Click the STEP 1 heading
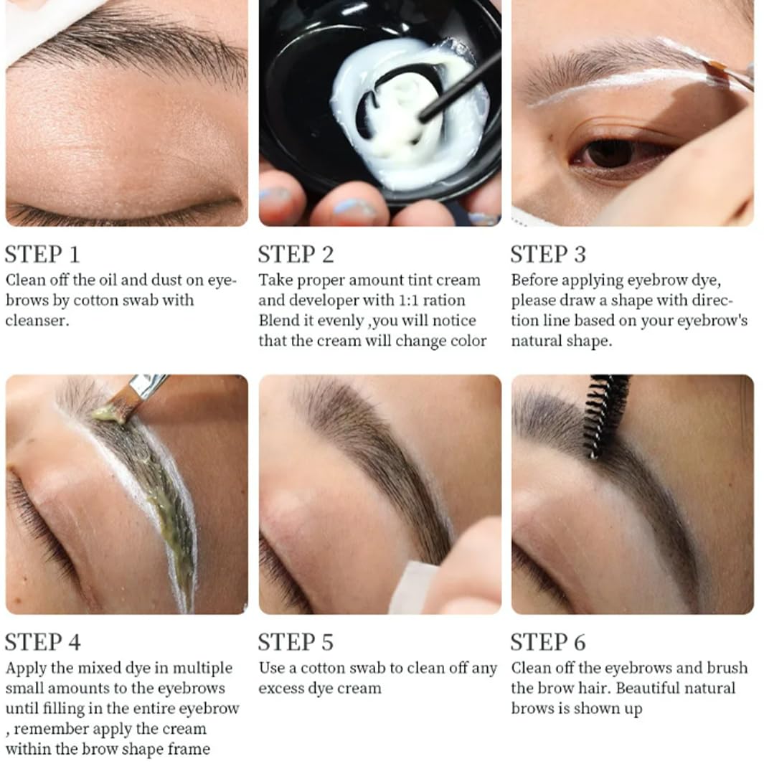pos(42,255)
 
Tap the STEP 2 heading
pos(296,255)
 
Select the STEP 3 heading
pos(548,255)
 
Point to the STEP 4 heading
pos(43,641)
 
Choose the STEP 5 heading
pos(296,641)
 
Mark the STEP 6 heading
pos(548,641)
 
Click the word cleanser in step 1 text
pos(37,320)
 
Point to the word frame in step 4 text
pos(189,749)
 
